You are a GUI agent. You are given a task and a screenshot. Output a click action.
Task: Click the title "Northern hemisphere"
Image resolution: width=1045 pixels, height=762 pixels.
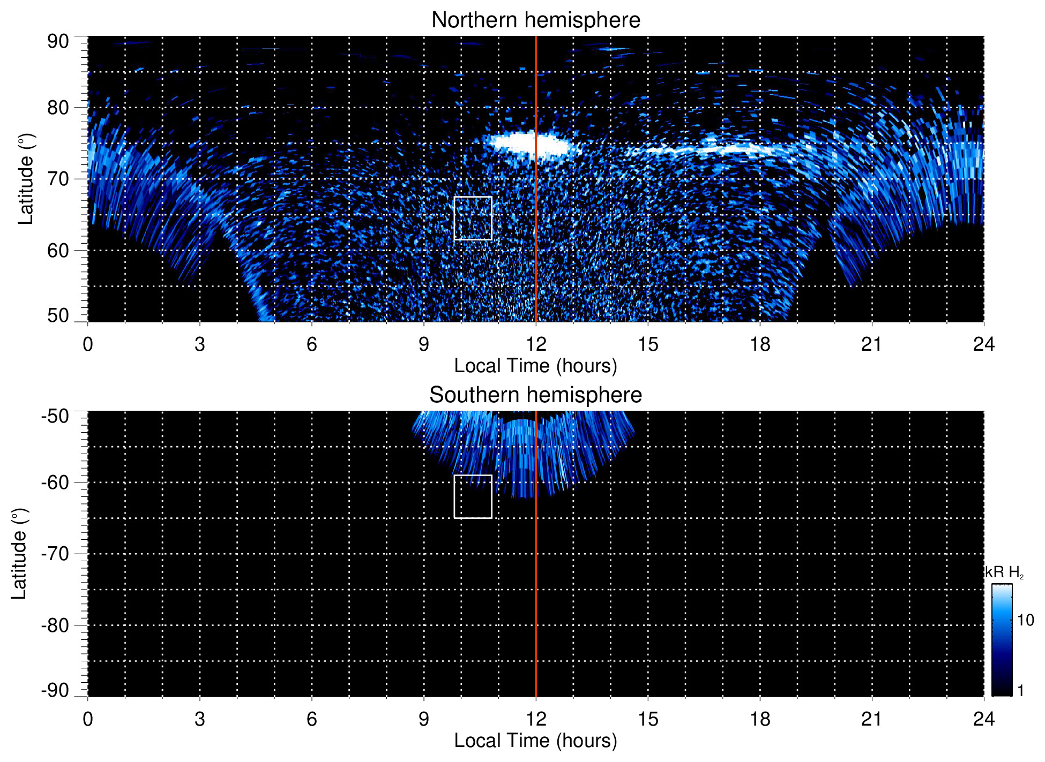point(535,20)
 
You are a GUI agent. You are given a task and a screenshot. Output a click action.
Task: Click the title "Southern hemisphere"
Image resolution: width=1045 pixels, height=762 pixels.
point(535,395)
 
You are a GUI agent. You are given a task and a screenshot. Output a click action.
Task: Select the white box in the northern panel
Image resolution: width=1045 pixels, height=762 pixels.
point(473,218)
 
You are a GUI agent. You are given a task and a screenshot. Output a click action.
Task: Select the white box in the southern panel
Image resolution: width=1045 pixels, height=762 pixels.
point(473,496)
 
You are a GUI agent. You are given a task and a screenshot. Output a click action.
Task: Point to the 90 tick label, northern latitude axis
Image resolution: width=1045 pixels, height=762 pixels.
point(58,42)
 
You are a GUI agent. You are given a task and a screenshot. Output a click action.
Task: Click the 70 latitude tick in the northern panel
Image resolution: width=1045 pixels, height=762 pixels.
point(58,179)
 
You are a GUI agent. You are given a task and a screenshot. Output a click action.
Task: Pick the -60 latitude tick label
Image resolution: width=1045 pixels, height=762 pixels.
point(55,482)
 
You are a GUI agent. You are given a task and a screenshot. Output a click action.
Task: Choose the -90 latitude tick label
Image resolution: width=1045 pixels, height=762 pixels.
point(55,690)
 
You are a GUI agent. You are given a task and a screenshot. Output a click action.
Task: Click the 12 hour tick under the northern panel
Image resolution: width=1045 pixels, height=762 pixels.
point(535,344)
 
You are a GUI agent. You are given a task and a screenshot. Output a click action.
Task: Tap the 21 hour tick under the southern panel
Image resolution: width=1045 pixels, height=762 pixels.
point(871,719)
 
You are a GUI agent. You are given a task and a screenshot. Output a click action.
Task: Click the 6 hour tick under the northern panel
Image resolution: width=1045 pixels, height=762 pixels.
point(312,344)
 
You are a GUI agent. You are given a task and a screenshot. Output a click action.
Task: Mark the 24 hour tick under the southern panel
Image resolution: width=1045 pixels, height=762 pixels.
point(983,719)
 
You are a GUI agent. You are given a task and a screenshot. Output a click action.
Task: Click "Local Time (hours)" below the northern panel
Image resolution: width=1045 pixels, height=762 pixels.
point(535,366)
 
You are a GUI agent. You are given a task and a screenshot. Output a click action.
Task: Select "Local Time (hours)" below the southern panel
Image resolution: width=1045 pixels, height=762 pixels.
point(535,741)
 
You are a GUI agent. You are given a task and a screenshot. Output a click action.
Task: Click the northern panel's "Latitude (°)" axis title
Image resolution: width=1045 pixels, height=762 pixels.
point(25,179)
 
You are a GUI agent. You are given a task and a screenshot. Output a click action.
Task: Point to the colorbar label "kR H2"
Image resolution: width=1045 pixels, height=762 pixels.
point(1004,572)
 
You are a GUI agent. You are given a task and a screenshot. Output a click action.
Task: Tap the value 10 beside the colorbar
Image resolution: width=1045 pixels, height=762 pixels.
point(1025,620)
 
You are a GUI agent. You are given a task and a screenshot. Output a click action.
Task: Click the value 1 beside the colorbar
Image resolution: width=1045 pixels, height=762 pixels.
point(1020,690)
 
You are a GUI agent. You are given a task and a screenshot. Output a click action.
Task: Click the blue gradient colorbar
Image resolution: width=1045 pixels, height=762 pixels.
point(1002,640)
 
